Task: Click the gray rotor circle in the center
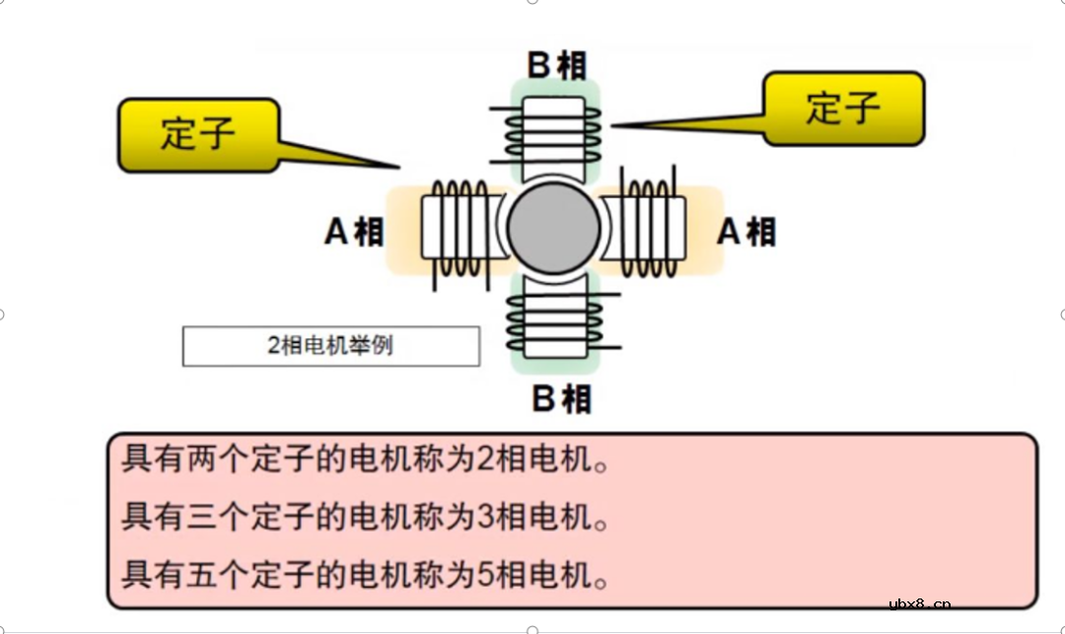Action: tap(553, 228)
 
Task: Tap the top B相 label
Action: tap(556, 65)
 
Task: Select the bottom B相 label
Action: tap(561, 399)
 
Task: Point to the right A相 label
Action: tap(746, 232)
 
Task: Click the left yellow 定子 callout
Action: tap(198, 134)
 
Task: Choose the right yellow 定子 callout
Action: tap(843, 107)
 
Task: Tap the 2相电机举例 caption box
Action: tap(331, 346)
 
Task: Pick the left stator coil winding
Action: tap(456, 229)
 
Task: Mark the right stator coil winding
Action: tap(651, 228)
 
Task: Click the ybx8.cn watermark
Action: tap(919, 604)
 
